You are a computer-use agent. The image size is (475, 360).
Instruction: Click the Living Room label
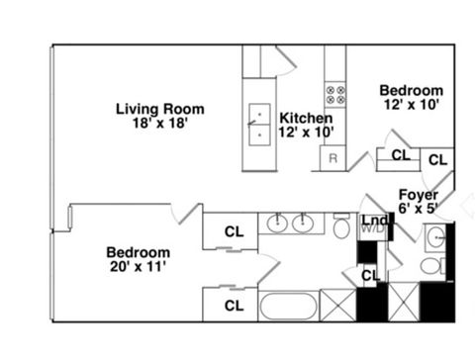pos(159,109)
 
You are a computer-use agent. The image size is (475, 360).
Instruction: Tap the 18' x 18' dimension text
pos(159,125)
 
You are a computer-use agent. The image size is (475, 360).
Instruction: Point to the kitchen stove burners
pos(334,95)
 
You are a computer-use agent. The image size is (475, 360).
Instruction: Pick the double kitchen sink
pos(259,124)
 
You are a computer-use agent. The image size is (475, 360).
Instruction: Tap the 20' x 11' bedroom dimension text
pos(139,266)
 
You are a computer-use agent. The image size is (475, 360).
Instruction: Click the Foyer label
pos(419,194)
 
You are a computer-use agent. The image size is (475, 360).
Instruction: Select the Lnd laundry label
pos(373,220)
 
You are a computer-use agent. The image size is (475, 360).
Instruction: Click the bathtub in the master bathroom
pos(288,305)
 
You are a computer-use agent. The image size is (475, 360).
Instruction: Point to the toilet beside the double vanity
pos(341,228)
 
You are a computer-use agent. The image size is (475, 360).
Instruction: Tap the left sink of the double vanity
pos(278,225)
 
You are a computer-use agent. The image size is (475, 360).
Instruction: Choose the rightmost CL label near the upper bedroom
pos(437,158)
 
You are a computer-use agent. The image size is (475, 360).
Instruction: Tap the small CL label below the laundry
pos(369,274)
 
